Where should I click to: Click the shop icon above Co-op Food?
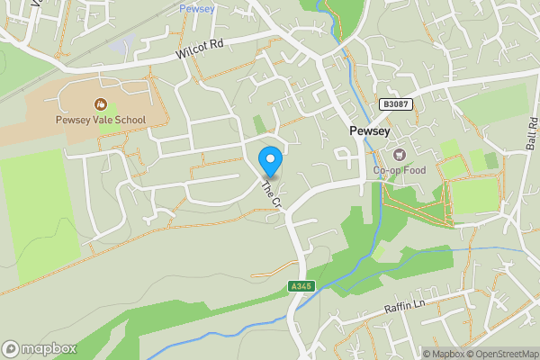tap(397, 154)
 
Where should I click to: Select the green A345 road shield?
tap(301, 286)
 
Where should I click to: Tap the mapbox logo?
tap(40, 348)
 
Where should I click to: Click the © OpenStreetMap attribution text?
tap(501, 353)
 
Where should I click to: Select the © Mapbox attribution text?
tap(442, 353)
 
